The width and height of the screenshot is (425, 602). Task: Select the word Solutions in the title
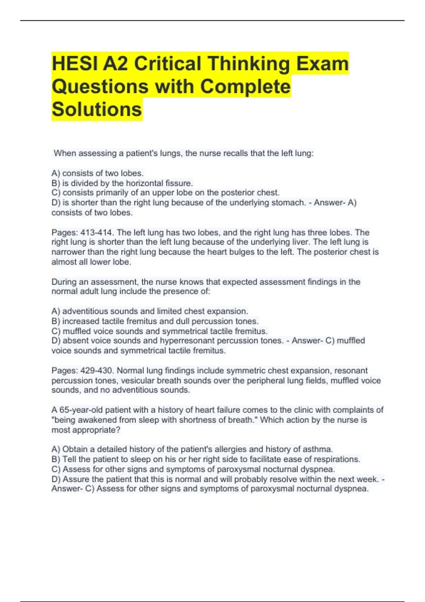click(97, 109)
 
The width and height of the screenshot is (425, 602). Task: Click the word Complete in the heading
click(245, 86)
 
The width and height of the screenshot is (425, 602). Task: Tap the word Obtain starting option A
click(74, 449)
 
